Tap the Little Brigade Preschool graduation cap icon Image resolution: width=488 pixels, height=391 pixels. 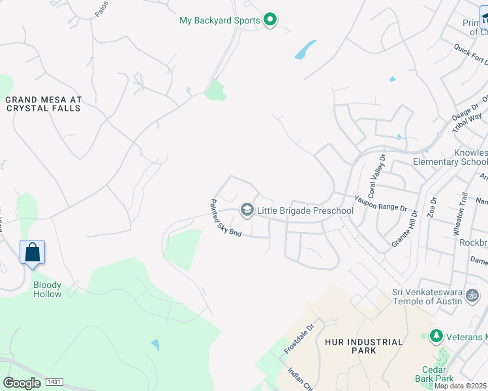click(247, 210)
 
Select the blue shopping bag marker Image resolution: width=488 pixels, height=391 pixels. click(33, 252)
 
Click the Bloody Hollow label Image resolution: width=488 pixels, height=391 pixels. click(48, 289)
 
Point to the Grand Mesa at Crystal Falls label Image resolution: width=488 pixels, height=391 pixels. click(43, 104)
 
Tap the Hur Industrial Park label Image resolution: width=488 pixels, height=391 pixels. click(359, 346)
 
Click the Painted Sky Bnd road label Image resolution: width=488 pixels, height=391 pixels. click(226, 218)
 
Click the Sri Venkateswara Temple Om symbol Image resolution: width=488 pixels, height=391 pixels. click(472, 296)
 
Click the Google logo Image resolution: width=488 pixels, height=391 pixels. click(22, 383)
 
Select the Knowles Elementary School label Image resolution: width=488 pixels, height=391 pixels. click(450, 157)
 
